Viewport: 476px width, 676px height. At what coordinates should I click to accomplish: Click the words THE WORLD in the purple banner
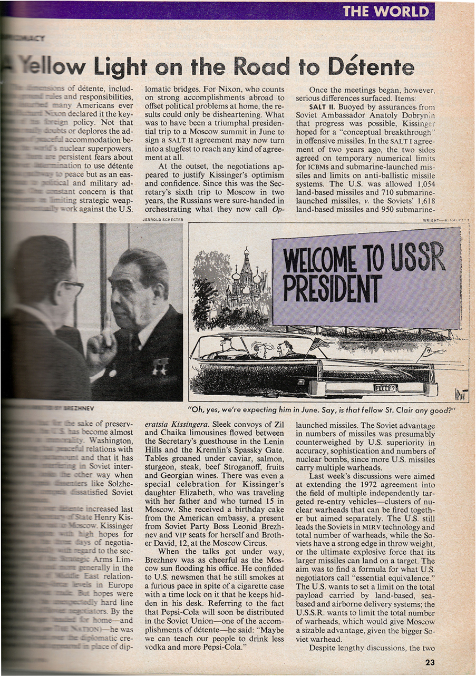pos(386,11)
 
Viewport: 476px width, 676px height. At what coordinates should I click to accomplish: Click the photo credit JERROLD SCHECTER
pos(163,220)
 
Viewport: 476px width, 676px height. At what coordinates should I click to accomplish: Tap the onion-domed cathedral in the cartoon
pos(246,279)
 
